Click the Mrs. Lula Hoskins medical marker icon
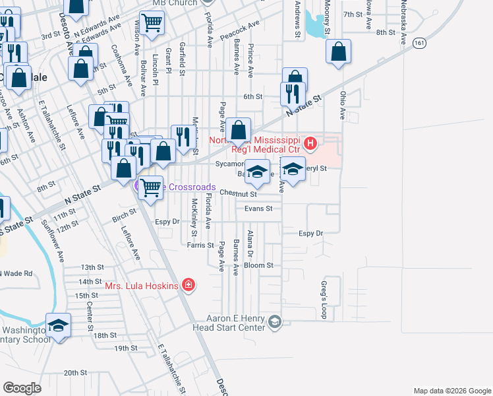pos(189,285)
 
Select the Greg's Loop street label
pos(324,300)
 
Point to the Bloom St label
pos(258,265)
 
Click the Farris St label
pos(200,245)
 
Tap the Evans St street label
pos(258,209)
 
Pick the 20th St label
pos(76,373)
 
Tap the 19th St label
pos(125,348)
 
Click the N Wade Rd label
pos(16,273)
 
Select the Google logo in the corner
pos(22,388)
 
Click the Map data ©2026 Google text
pos(451,391)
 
